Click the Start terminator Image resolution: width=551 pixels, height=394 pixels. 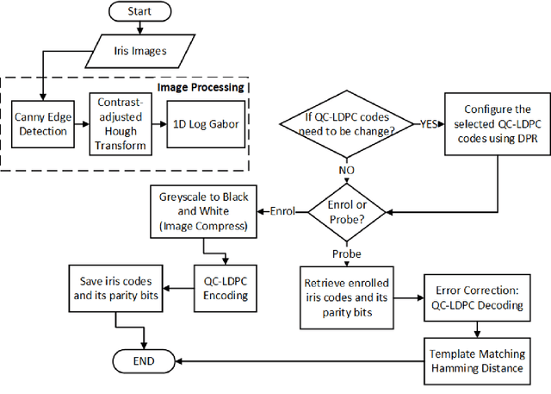(x=139, y=11)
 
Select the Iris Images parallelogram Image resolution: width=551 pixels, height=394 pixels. (x=139, y=52)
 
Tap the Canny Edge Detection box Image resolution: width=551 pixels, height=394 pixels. (x=43, y=124)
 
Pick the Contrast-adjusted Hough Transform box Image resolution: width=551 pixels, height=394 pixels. (x=121, y=124)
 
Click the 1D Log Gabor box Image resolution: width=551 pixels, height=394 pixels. (x=206, y=124)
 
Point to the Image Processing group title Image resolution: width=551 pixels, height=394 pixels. (x=201, y=87)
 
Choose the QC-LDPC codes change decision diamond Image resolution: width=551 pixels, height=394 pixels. (x=347, y=124)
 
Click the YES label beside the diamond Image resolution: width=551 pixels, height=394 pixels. (x=429, y=124)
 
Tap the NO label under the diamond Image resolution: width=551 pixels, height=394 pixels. (x=346, y=170)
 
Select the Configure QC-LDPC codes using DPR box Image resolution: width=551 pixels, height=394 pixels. (x=498, y=124)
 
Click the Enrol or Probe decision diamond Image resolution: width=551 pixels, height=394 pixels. (x=347, y=212)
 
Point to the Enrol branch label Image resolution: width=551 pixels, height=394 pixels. (x=282, y=211)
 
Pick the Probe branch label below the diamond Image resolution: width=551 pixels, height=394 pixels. (x=347, y=254)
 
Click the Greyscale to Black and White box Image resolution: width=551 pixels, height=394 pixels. (x=203, y=212)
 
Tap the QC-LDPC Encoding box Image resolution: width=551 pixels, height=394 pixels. (x=226, y=289)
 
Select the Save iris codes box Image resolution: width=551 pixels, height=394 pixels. (x=115, y=289)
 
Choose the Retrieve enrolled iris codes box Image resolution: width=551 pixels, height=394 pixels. (x=347, y=297)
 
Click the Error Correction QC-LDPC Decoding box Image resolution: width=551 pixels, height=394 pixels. (x=477, y=297)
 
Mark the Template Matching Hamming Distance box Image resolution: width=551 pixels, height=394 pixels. (x=477, y=361)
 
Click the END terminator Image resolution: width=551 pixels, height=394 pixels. (x=144, y=361)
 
